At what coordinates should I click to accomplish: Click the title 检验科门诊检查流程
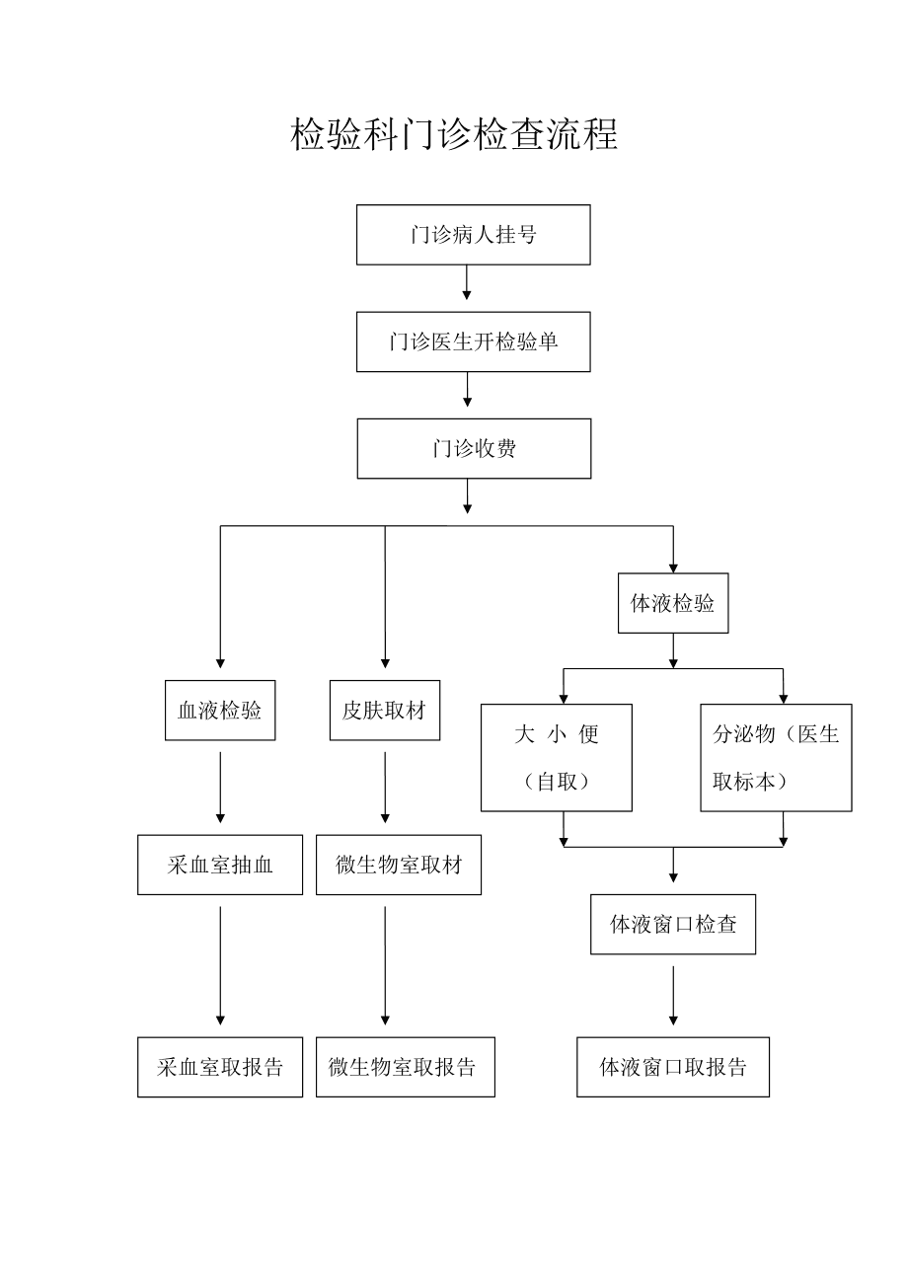(x=454, y=135)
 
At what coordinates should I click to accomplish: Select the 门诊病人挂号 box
(x=473, y=235)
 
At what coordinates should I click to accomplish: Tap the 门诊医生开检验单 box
(x=473, y=341)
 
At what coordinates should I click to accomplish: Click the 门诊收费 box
(x=474, y=449)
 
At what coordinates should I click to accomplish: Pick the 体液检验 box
(x=673, y=603)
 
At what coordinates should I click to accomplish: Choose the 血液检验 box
(x=220, y=711)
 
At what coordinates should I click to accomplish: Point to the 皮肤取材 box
(x=384, y=711)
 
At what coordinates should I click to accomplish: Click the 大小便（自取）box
(x=557, y=758)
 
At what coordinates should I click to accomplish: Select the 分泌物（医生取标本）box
(x=776, y=758)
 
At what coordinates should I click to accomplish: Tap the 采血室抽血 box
(x=220, y=865)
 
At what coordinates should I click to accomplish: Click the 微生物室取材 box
(x=398, y=865)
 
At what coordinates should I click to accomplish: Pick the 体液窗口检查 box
(x=673, y=924)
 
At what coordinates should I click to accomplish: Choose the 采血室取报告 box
(x=220, y=1067)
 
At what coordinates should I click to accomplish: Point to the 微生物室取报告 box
(x=405, y=1067)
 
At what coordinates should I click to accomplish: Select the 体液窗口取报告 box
(x=673, y=1067)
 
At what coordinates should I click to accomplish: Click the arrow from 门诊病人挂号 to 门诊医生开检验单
(x=466, y=282)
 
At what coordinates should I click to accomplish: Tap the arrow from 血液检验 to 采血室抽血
(x=220, y=788)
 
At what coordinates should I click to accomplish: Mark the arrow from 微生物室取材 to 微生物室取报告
(x=385, y=965)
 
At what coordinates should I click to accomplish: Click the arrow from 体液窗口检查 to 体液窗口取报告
(x=673, y=995)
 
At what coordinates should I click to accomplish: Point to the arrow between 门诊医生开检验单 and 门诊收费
(x=467, y=390)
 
